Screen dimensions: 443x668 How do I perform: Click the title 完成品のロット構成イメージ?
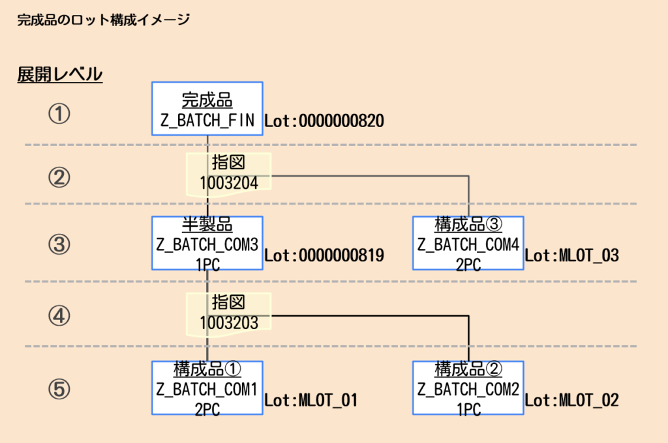click(103, 20)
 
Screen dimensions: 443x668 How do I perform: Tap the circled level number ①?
click(59, 115)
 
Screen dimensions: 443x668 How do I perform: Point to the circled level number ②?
click(59, 177)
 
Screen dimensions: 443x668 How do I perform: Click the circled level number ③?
click(59, 244)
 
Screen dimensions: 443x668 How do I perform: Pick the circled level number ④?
click(59, 315)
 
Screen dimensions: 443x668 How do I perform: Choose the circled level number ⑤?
click(59, 389)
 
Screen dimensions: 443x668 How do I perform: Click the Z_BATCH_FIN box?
click(207, 109)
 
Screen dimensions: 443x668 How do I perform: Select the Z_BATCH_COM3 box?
click(207, 244)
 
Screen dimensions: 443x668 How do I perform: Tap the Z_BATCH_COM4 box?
click(468, 244)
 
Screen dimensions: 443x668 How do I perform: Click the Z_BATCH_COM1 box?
click(207, 389)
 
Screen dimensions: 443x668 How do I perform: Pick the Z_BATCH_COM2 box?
click(468, 389)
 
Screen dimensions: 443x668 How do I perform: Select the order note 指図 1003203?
click(228, 314)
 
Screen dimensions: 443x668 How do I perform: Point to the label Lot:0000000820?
click(324, 121)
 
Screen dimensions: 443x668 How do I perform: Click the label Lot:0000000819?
click(324, 255)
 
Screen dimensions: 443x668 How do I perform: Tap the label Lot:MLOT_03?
click(571, 255)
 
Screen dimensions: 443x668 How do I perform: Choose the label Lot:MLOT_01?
click(311, 400)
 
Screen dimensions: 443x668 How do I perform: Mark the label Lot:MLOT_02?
click(571, 400)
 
